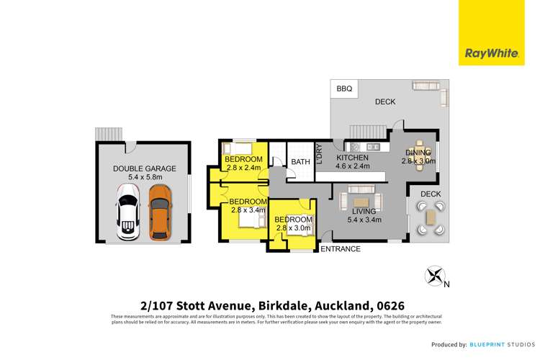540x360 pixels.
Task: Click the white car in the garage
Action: pos(127,212)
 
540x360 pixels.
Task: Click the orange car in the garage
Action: pos(159,212)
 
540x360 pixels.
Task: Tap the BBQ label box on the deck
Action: pos(344,89)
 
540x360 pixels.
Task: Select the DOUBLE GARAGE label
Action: pos(144,169)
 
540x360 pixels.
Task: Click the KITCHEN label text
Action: pos(351,158)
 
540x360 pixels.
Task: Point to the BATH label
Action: pos(300,162)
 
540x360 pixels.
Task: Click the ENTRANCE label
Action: pos(341,249)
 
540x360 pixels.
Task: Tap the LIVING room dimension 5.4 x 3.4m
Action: pos(364,220)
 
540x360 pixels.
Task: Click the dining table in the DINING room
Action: pos(419,153)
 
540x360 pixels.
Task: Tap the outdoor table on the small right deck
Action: pos(430,216)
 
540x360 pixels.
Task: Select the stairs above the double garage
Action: pos(109,135)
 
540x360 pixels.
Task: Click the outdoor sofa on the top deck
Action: pos(430,89)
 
